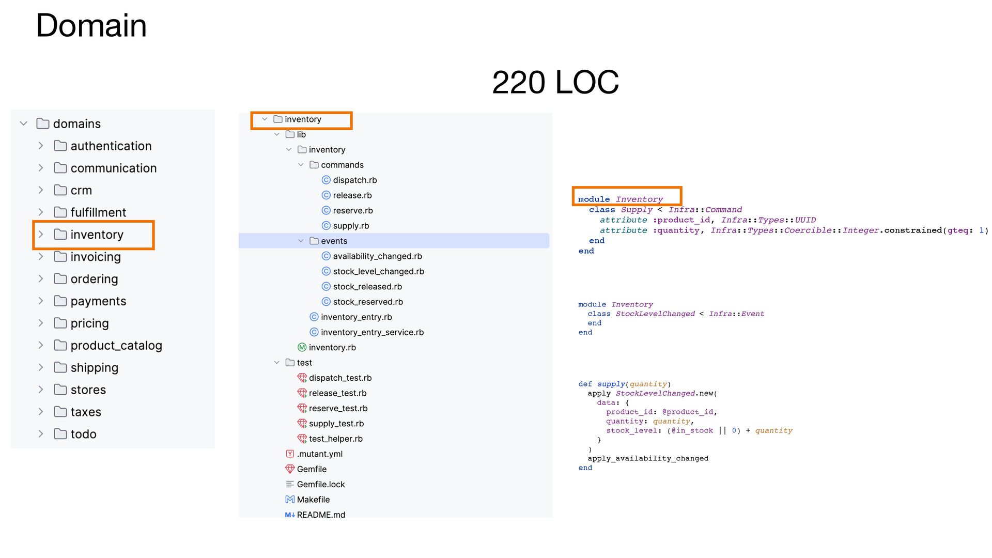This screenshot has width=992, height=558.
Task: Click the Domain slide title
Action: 91,25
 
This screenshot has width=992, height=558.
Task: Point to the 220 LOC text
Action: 555,82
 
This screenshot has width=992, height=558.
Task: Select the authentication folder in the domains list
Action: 111,146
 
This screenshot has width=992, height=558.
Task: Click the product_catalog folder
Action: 116,346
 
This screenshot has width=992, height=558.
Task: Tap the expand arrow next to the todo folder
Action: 41,434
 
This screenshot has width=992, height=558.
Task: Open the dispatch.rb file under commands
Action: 354,180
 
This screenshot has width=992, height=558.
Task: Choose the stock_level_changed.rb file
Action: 378,272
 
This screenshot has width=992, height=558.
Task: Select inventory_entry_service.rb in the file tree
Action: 372,333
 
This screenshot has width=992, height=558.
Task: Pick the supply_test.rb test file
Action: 336,424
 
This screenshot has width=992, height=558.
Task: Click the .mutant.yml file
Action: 319,454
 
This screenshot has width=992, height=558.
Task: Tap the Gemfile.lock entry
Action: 320,485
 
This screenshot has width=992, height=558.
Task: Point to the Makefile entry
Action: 313,500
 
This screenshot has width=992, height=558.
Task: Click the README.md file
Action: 320,515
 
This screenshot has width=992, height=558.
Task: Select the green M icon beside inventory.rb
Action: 302,348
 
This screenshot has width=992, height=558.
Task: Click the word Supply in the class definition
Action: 637,210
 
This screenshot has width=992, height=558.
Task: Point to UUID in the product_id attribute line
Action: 805,220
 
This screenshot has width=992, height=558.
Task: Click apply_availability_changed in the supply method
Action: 648,459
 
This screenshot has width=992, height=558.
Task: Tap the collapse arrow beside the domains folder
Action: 23,124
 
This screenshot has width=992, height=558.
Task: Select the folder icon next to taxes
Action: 60,412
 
